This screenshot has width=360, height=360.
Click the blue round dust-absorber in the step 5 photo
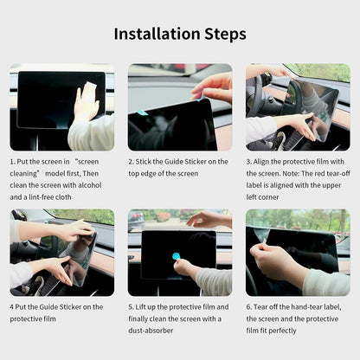click(177, 255)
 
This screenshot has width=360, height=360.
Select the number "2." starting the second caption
click(132, 161)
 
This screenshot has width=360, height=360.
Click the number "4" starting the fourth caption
click(12, 306)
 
